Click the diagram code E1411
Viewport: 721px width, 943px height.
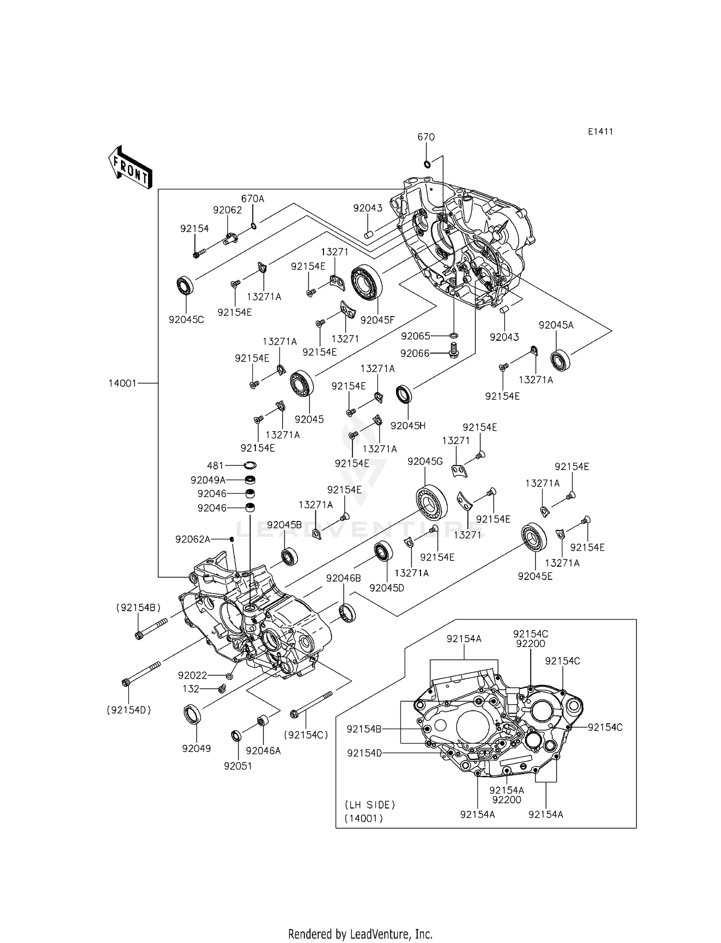coord(600,132)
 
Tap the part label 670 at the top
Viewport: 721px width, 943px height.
coord(426,137)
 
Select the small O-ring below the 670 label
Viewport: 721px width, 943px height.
coord(427,164)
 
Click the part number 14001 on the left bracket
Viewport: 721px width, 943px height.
coord(123,383)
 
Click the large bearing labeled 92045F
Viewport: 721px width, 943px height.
coord(366,282)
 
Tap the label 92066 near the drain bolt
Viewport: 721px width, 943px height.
coord(415,353)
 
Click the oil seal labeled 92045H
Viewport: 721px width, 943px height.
coord(404,395)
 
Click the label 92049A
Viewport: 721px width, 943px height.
coord(208,480)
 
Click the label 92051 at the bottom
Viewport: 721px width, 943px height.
coord(238,766)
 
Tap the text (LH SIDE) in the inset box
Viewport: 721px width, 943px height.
coord(370,804)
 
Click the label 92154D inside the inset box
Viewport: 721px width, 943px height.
coord(364,753)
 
